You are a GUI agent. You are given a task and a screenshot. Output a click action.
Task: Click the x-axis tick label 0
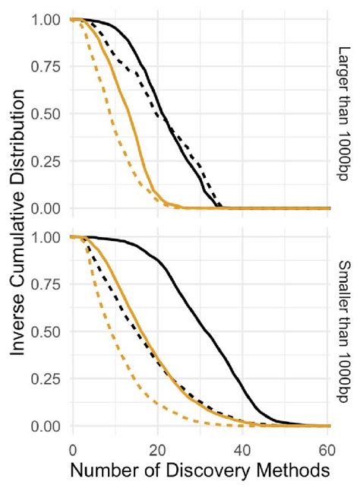click(x=72, y=448)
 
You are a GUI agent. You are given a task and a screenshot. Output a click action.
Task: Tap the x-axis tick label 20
click(x=157, y=448)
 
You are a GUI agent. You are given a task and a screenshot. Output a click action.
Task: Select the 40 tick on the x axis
click(x=243, y=448)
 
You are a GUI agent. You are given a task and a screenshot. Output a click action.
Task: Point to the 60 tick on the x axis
click(x=328, y=448)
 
